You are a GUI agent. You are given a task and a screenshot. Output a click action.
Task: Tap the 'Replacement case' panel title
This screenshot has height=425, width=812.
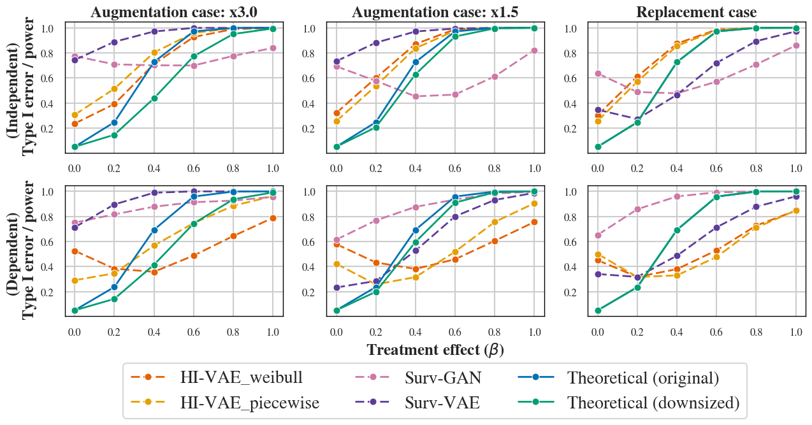[x=696, y=12]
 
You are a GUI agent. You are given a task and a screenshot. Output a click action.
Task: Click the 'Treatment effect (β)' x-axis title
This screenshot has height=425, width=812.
[x=435, y=350]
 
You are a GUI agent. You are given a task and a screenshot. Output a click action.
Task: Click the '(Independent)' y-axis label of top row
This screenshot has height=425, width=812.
[x=12, y=87]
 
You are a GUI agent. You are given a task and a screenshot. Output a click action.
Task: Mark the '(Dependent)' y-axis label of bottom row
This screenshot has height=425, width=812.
[x=12, y=252]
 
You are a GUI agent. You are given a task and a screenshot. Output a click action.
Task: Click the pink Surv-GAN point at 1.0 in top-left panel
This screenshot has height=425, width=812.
[x=273, y=48]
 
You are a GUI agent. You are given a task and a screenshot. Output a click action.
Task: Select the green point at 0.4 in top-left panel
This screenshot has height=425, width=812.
[x=154, y=98]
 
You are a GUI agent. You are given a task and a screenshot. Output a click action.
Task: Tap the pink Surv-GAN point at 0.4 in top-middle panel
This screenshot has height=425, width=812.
[x=416, y=96]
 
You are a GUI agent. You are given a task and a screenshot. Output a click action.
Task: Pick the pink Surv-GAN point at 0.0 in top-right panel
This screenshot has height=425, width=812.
[x=598, y=73]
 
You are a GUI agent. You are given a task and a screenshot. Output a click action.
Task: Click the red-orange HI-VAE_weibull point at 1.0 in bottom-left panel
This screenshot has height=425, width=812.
[x=273, y=218]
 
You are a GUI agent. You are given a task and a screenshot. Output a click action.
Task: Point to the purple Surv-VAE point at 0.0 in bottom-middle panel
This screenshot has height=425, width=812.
[x=337, y=287]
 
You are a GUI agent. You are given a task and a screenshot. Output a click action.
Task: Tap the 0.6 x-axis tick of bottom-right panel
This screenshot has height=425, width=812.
[x=716, y=332]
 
